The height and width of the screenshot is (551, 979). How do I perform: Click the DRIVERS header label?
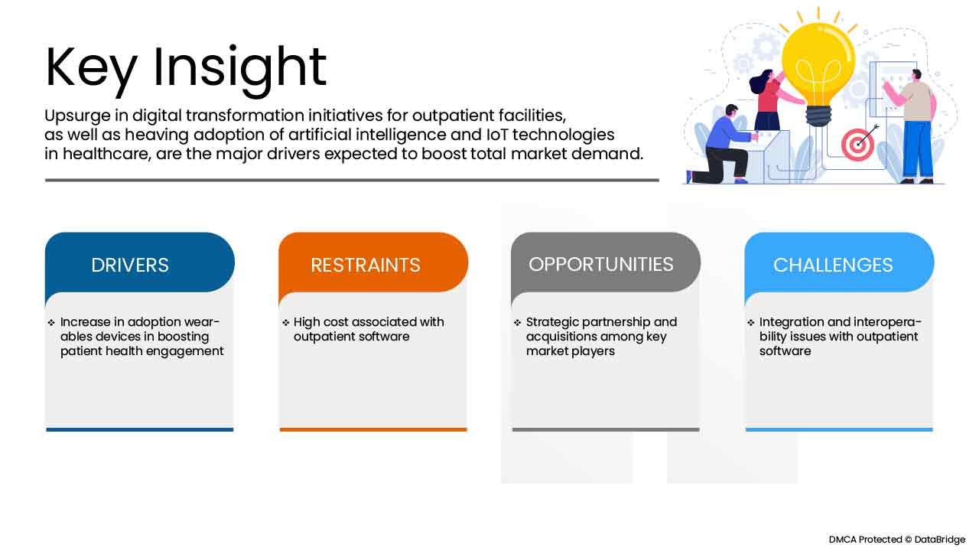pos(130,265)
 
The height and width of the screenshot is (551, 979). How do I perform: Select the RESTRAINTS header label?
pos(365,265)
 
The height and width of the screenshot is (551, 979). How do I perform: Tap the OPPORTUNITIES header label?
pos(601,264)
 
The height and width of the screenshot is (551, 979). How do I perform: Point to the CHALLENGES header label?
pos(833,265)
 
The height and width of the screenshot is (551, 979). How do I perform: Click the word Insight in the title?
pos(240,67)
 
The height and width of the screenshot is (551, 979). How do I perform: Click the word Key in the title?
pos(91,67)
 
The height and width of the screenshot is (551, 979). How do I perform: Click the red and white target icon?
pos(857,144)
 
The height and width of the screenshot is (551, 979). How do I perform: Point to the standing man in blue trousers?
pos(913,126)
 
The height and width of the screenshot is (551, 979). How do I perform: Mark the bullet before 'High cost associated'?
pos(285,323)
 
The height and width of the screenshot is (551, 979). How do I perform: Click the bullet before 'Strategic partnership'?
pos(518,323)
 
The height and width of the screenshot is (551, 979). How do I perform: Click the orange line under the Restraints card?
pos(373,429)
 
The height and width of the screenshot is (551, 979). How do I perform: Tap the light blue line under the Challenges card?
pos(839,429)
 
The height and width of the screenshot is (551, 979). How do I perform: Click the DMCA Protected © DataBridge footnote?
pos(896,540)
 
